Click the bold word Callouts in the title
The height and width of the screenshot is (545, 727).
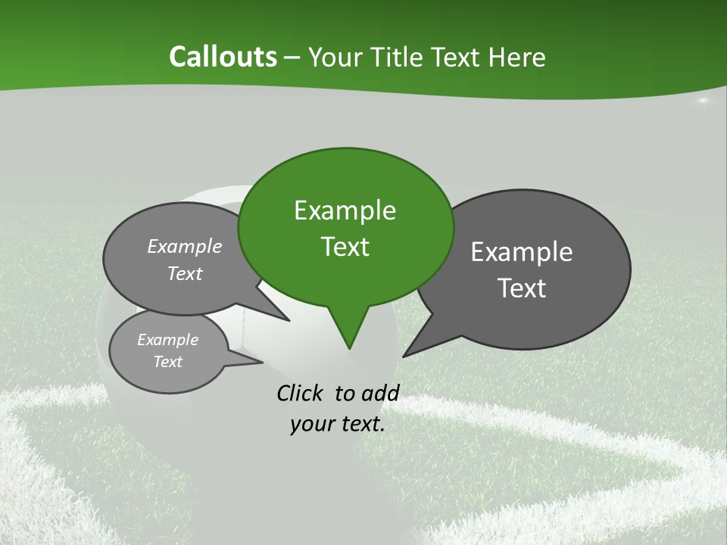pyautogui.click(x=223, y=57)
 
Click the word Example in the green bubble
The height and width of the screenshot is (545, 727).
pyautogui.click(x=345, y=210)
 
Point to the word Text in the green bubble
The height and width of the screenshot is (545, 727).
pyautogui.click(x=345, y=247)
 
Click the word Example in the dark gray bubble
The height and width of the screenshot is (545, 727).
pyautogui.click(x=522, y=252)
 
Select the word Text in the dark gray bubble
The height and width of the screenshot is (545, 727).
pyautogui.click(x=523, y=288)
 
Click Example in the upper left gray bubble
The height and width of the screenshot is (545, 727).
pyautogui.click(x=185, y=246)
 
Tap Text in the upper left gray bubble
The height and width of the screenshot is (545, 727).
pyautogui.click(x=185, y=273)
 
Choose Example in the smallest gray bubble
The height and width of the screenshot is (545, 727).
pyautogui.click(x=167, y=340)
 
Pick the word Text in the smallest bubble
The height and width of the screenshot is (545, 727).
pyautogui.click(x=167, y=362)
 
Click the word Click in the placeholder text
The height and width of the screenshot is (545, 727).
pyautogui.click(x=300, y=393)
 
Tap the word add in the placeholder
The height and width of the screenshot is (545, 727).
pyautogui.click(x=380, y=393)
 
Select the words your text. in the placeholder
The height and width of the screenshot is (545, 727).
pyautogui.click(x=338, y=425)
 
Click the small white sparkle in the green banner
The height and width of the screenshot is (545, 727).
pyautogui.click(x=702, y=101)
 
